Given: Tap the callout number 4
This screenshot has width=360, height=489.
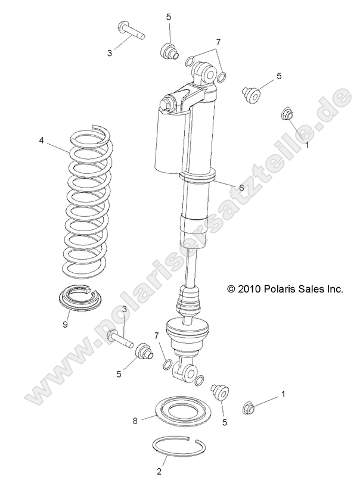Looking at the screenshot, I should click(58, 141).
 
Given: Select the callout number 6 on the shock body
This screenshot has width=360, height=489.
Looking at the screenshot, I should click(241, 187).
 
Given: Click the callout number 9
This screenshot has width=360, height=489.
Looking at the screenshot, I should click(65, 325).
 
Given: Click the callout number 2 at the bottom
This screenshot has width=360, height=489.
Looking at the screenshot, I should click(159, 471).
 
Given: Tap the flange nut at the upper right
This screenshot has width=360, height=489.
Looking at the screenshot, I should click(287, 113).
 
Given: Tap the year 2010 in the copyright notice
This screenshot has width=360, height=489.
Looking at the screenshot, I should click(249, 289).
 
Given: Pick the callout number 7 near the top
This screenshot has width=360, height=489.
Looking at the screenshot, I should click(218, 42).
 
